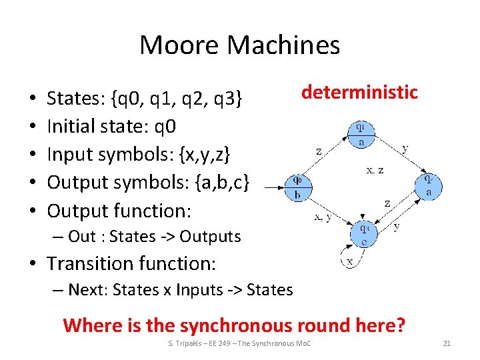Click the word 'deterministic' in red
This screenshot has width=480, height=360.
pos(359,92)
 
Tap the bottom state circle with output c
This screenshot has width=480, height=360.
pos(363,234)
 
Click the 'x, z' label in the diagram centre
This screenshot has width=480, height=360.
pos(375,170)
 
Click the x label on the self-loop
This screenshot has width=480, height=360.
pos(349,261)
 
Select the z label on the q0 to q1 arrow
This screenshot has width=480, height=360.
pos(319,151)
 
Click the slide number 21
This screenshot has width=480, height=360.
pos(447,343)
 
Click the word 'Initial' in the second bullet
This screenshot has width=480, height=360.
pos(71,127)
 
